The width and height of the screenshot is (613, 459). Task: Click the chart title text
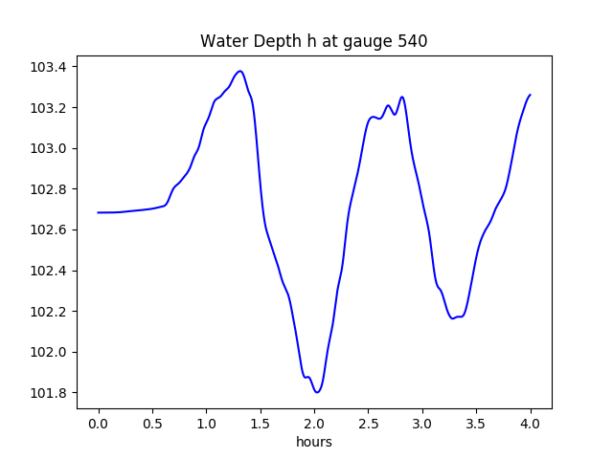313,41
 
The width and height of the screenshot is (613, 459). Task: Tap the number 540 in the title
412,41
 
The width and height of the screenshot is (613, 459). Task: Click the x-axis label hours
313,443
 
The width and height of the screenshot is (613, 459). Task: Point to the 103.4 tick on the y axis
49,67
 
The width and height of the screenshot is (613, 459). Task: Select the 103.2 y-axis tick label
49,108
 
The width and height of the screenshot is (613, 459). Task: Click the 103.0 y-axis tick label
49,148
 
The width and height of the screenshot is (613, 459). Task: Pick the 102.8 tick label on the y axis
49,189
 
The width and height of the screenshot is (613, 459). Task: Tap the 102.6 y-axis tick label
49,230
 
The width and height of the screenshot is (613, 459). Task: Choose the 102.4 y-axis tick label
49,271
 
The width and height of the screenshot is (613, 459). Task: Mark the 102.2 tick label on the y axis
49,312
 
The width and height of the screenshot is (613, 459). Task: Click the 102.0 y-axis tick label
49,352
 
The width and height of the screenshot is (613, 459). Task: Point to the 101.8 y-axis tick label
49,393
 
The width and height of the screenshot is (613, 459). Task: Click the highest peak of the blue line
239,71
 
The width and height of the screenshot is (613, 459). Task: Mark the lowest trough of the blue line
317,392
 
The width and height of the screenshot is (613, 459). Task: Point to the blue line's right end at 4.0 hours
530,95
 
